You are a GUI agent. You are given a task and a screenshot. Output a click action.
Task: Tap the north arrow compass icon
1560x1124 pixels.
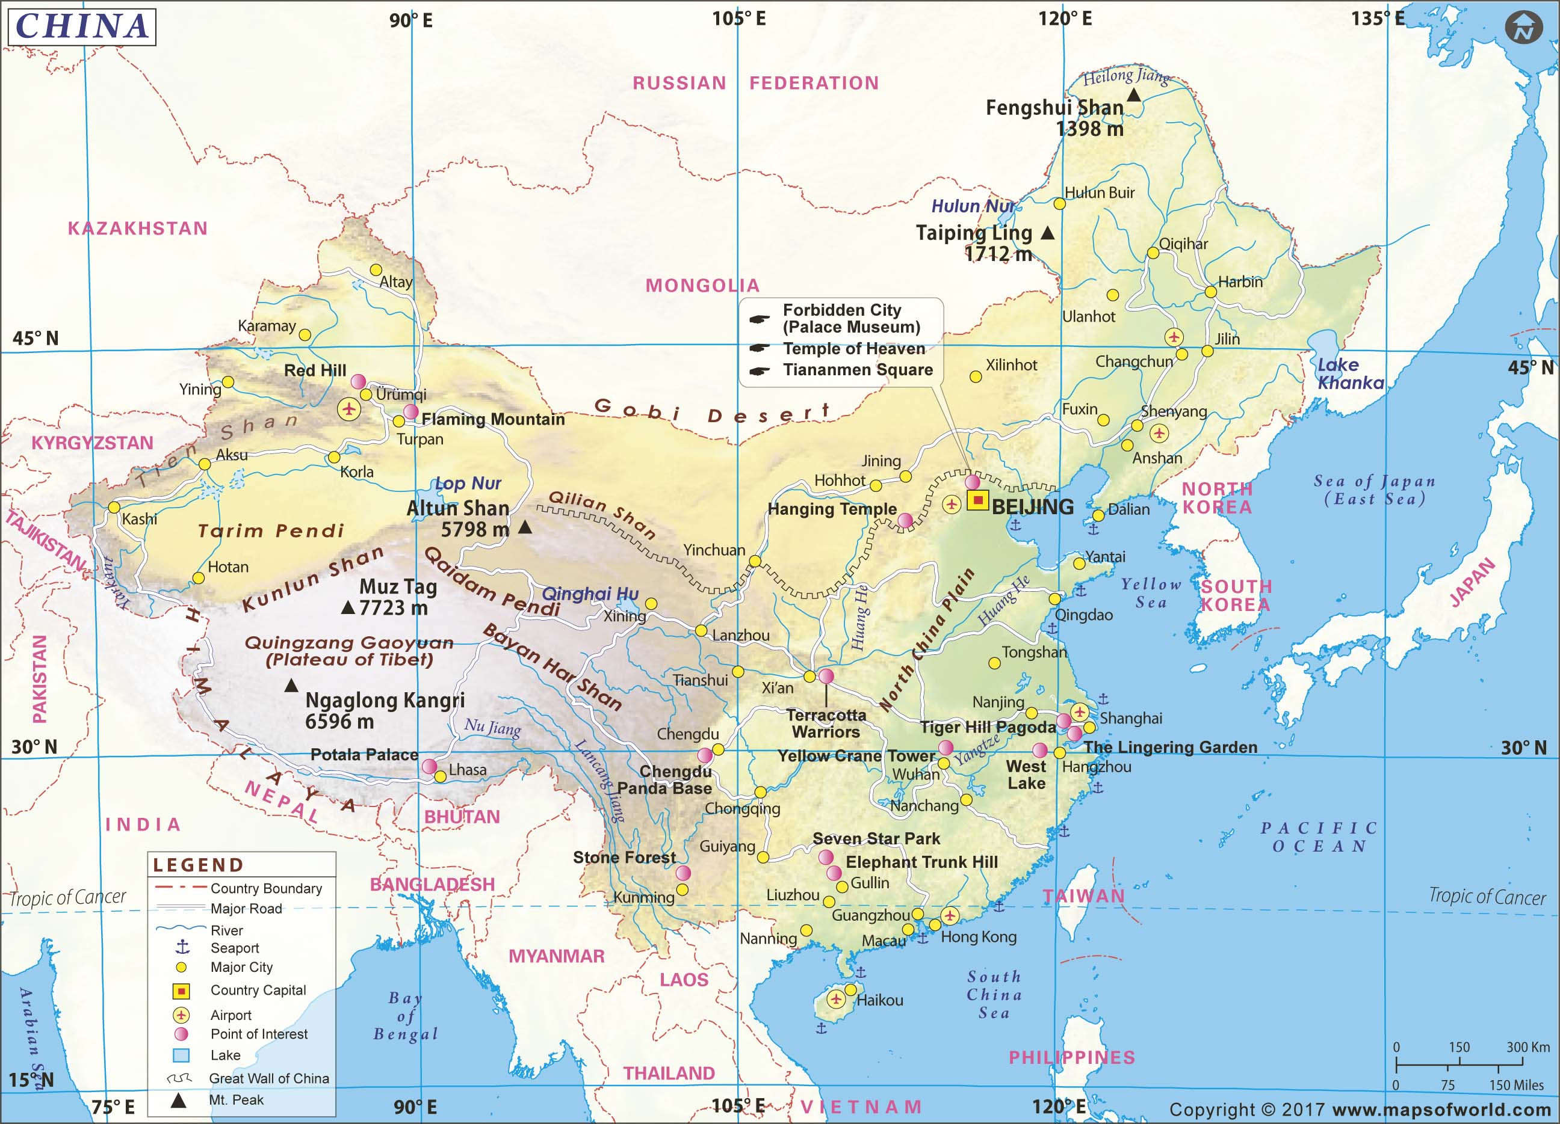point(1523,28)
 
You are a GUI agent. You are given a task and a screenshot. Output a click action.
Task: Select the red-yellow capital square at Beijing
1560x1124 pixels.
point(977,500)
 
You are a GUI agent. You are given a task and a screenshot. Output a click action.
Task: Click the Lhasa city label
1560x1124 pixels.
point(468,770)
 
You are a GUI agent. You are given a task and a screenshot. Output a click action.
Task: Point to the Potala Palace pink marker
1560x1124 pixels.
point(429,766)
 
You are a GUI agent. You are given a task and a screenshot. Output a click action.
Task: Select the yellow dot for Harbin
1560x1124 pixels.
point(1210,292)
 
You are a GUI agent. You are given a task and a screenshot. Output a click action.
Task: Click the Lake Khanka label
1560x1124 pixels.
point(1350,374)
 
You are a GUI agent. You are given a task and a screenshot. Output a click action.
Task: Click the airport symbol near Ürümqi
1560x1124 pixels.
point(348,409)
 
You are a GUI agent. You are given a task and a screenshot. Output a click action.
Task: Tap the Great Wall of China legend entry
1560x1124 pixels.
point(268,1078)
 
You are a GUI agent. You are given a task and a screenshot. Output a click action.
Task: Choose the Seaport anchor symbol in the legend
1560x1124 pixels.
point(182,947)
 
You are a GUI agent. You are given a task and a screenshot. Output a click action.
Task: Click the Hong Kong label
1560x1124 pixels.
point(978,937)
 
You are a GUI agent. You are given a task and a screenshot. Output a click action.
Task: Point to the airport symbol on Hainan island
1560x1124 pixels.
point(836,999)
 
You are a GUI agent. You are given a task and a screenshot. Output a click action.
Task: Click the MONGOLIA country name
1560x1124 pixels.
point(702,285)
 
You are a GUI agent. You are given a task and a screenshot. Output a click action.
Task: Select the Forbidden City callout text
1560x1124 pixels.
point(851,318)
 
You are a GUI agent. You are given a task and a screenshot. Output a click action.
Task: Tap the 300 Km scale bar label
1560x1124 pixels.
point(1527,1047)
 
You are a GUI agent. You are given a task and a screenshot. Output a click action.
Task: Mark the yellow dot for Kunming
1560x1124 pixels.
point(682,889)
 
